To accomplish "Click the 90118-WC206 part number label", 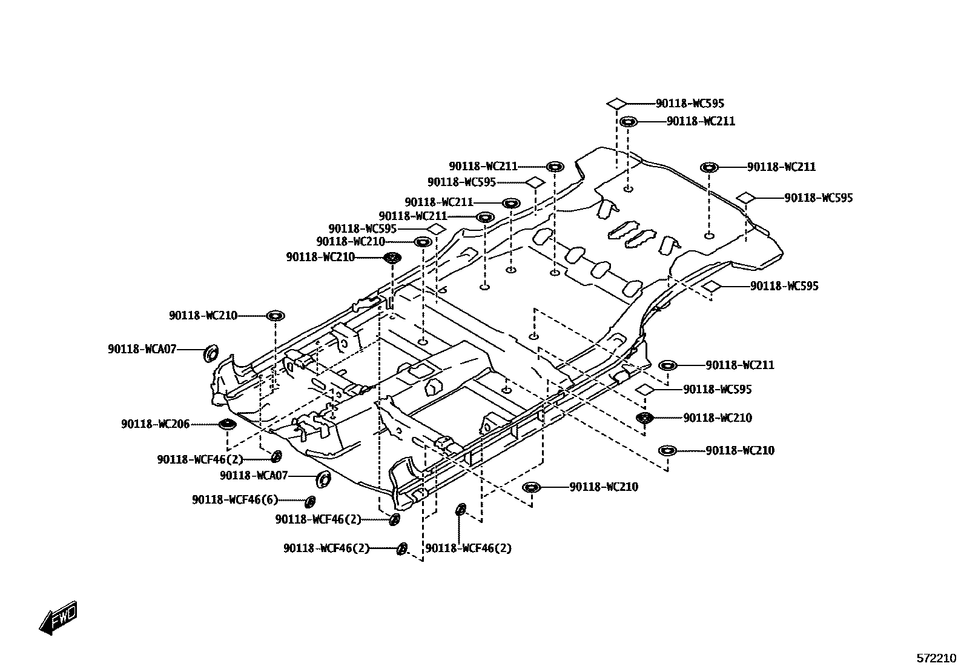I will coord(155,424).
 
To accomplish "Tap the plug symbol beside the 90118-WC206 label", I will coord(226,424).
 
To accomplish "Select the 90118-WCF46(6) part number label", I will coord(235,500).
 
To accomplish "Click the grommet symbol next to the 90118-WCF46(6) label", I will coord(310,501).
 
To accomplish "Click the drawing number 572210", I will coord(936,658).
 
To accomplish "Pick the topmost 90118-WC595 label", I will coord(690,104).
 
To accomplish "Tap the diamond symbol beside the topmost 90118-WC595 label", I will coord(616,103).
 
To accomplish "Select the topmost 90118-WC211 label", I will coord(701,121).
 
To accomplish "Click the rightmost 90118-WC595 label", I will coord(819,198).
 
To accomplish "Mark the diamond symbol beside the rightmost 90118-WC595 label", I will coord(745,197).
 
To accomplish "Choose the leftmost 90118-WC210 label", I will coord(203,315).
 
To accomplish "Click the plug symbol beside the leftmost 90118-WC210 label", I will coord(275,315).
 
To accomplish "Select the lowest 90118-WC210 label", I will coord(604,487).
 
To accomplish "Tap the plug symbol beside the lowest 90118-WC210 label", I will coord(531,487).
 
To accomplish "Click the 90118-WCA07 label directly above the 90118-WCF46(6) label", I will coord(254,476).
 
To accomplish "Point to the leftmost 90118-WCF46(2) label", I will coord(200,459).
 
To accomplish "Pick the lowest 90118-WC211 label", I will coord(740,365).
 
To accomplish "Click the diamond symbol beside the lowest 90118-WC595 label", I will coord(644,389).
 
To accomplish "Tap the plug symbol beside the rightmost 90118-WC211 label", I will coord(709,167).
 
